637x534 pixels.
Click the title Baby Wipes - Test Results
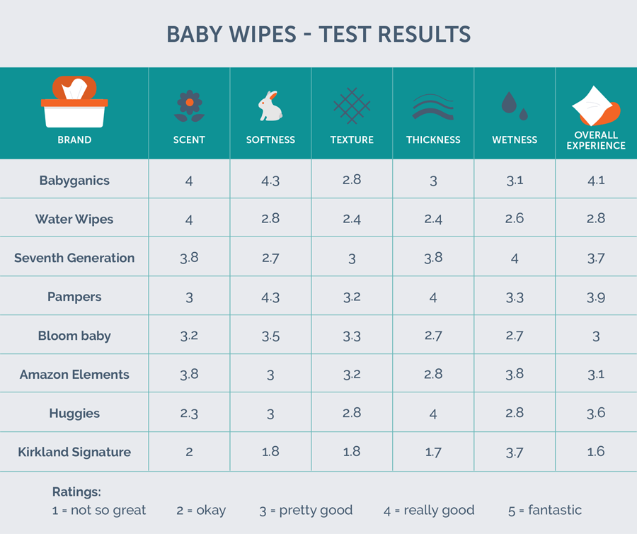pyautogui.click(x=318, y=34)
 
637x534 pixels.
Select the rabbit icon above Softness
pyautogui.click(x=270, y=106)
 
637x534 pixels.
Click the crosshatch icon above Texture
pyautogui.click(x=352, y=106)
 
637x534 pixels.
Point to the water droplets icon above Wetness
pyautogui.click(x=515, y=106)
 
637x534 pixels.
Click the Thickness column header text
pyautogui.click(x=433, y=140)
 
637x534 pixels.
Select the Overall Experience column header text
pyautogui.click(x=596, y=140)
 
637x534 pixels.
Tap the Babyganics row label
pyautogui.click(x=74, y=181)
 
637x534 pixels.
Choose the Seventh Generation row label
pyautogui.click(x=74, y=258)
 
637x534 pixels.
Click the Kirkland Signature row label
pyautogui.click(x=74, y=452)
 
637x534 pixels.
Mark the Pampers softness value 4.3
pyautogui.click(x=270, y=297)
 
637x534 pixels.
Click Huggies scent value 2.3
pyautogui.click(x=189, y=413)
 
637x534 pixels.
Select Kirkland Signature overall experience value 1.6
pyautogui.click(x=596, y=452)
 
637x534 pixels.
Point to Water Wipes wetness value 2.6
pyautogui.click(x=515, y=219)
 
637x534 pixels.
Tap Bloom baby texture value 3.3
pyautogui.click(x=352, y=336)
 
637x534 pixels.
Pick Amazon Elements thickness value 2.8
pyautogui.click(x=433, y=375)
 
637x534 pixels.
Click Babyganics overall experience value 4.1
pyautogui.click(x=596, y=181)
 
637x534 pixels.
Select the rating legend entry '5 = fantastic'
pyautogui.click(x=544, y=510)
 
